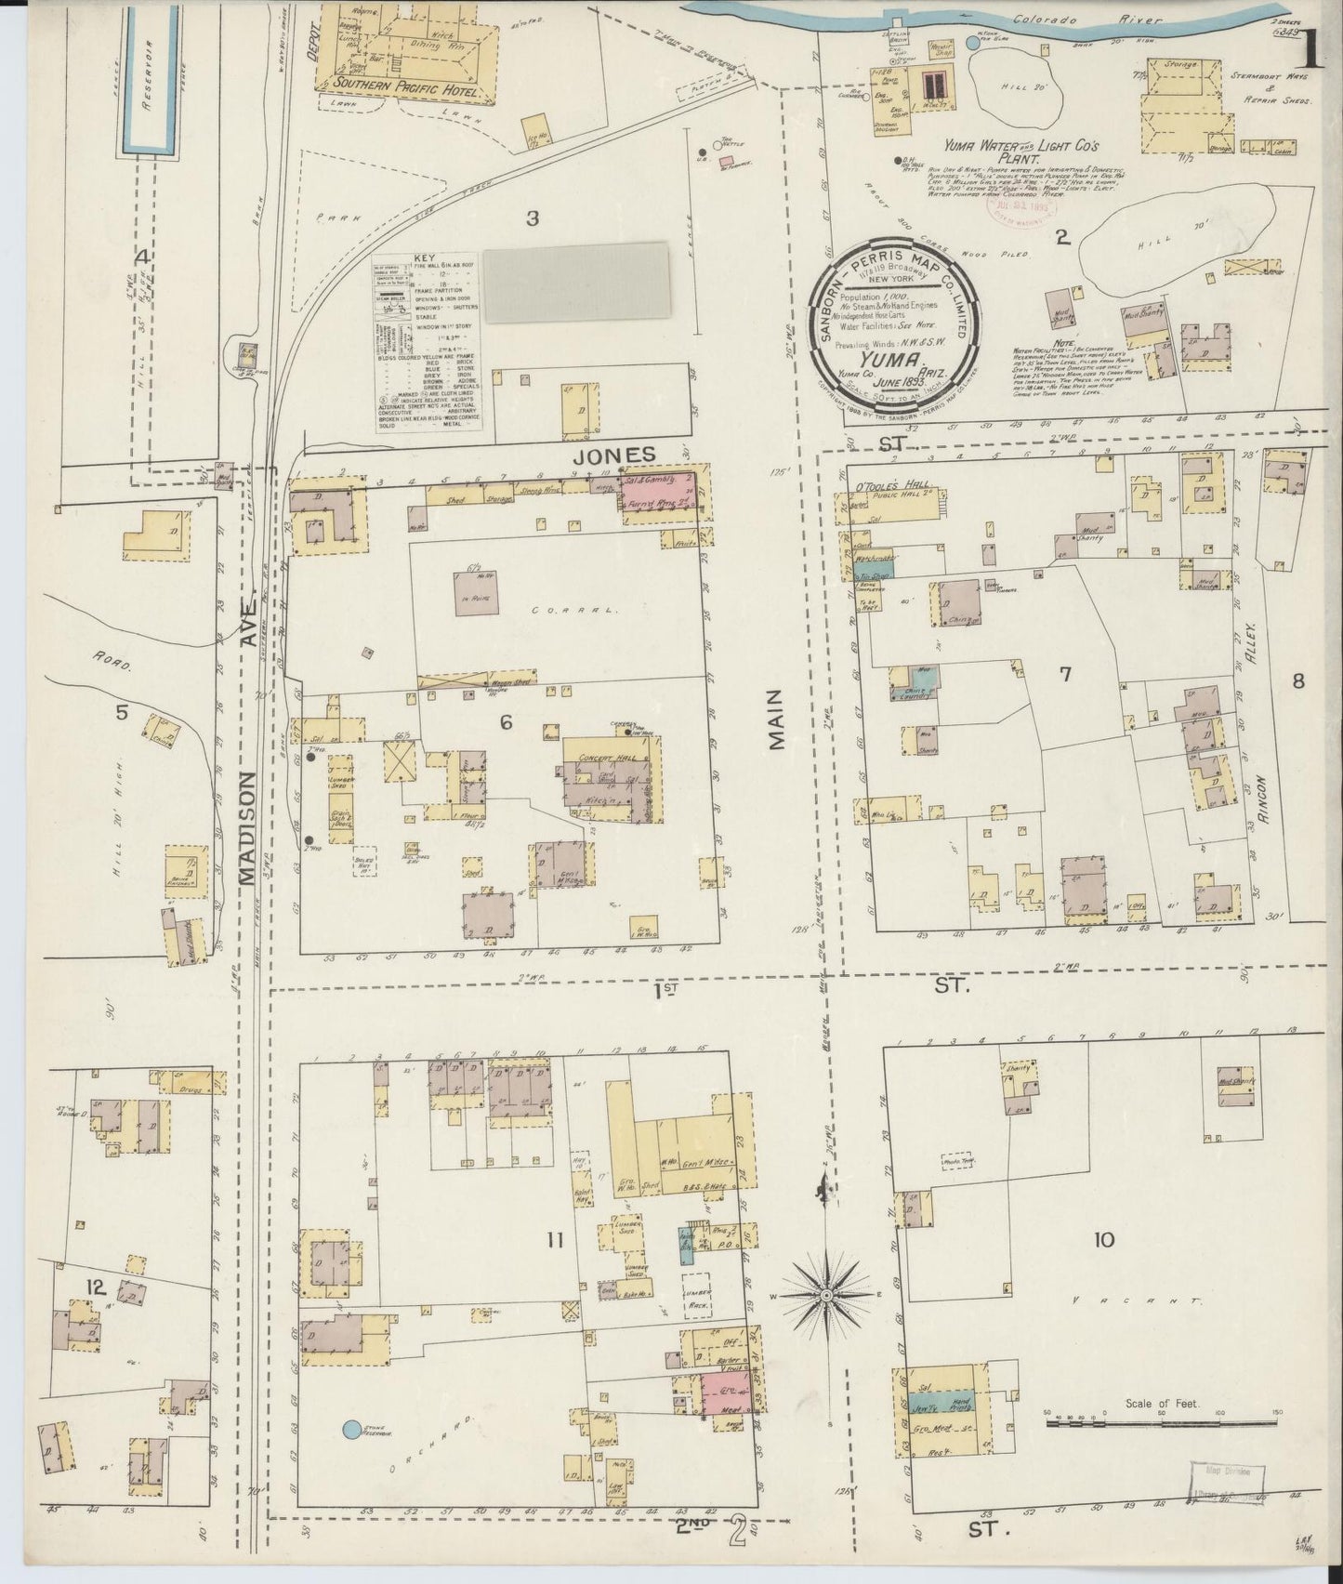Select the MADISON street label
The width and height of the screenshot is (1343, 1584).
(x=247, y=826)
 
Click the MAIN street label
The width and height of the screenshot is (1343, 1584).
(x=777, y=719)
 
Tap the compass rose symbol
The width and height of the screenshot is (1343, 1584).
(x=825, y=1295)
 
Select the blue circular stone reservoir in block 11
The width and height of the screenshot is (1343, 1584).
(x=352, y=1430)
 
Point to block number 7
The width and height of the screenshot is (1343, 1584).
(x=1065, y=674)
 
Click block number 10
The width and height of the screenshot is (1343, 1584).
(x=1104, y=1239)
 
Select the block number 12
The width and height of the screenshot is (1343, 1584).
(x=94, y=1287)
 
